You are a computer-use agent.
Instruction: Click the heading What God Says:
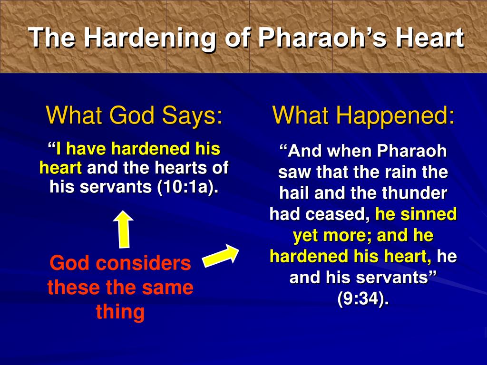[x=135, y=115]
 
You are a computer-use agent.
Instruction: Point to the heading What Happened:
[x=363, y=115]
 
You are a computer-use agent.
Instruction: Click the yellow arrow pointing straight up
[x=124, y=229]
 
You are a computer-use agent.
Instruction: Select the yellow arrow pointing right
[x=221, y=255]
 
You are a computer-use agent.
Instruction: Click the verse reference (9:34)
[x=363, y=298]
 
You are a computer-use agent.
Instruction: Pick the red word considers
[x=143, y=263]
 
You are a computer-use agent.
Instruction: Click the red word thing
[x=120, y=312]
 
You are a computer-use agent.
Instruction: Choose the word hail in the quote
[x=294, y=193]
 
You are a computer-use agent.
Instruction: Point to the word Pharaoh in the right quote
[x=411, y=151]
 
